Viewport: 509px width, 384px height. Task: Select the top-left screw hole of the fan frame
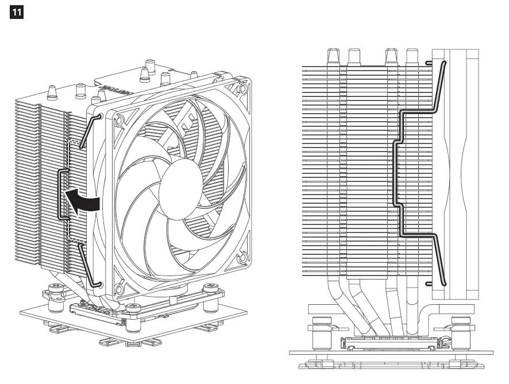[x=120, y=122]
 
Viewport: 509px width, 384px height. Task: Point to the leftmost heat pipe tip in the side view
[x=333, y=56]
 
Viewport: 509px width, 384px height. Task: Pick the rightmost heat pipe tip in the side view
[x=411, y=56]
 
